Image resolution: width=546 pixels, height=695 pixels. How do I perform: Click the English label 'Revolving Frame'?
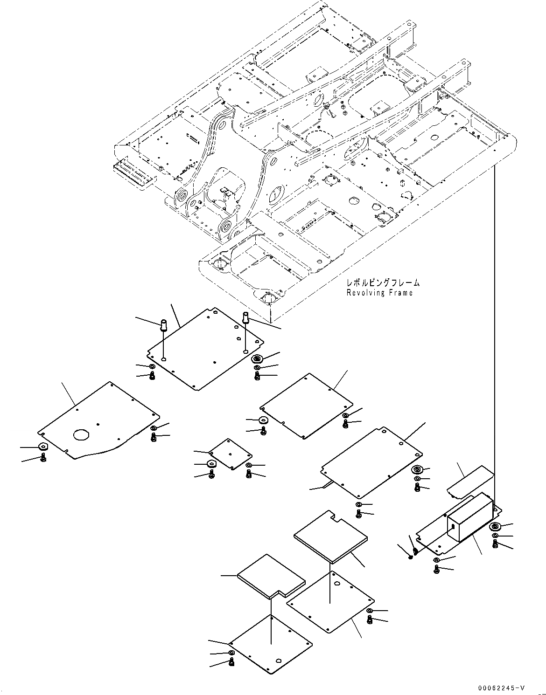[x=379, y=293]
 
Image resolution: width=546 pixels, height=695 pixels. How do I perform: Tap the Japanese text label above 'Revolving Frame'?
[x=382, y=283]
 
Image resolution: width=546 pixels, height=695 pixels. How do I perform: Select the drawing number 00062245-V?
[x=501, y=687]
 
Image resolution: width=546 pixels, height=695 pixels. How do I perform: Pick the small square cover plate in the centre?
[x=230, y=453]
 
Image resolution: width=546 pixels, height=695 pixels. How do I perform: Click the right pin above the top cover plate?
[x=245, y=318]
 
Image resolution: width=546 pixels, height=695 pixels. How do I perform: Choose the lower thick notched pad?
[x=271, y=576]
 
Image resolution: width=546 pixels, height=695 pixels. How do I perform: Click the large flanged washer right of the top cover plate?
[x=256, y=359]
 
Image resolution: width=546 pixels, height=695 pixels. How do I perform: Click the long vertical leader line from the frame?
[x=493, y=326]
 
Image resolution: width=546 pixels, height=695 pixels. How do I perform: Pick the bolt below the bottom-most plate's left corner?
[x=231, y=662]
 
